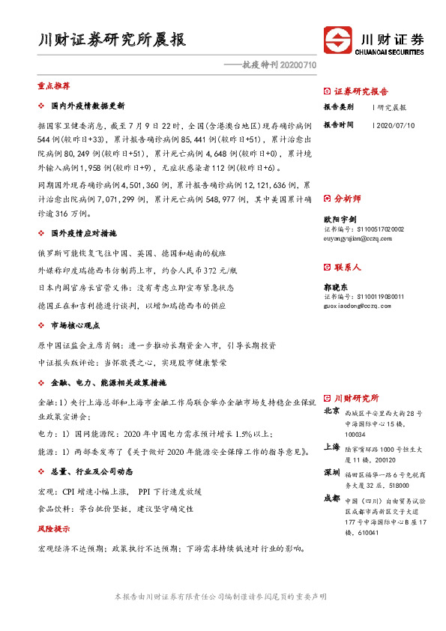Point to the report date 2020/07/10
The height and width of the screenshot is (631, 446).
394,124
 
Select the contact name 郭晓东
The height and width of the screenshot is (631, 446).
334,286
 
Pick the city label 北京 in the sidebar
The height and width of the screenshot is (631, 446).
331,411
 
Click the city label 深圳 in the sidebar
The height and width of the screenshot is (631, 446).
331,474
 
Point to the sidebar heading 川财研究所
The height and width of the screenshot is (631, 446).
356,398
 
